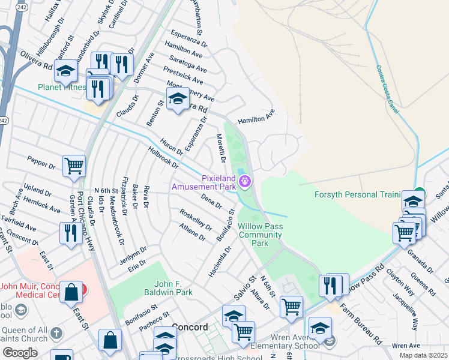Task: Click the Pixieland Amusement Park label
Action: (203, 182)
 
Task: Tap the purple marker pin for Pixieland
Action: (246, 181)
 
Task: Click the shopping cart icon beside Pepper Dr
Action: (74, 166)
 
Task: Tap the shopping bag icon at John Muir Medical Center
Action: (71, 293)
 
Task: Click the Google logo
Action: (20, 353)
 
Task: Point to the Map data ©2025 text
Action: (423, 355)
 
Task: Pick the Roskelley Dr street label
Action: (196, 219)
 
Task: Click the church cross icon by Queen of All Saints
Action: (56, 333)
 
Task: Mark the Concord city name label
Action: (189, 328)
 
